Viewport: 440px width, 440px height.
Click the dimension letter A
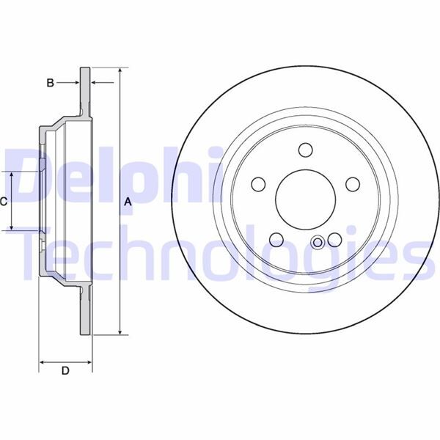click(x=127, y=202)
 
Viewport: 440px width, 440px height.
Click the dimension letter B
click(x=50, y=83)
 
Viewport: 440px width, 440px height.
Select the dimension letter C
click(x=4, y=201)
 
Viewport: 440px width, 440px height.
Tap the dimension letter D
click(x=65, y=372)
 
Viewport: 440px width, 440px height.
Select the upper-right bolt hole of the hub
click(x=353, y=184)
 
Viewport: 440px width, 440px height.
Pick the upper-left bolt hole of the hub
click(x=259, y=184)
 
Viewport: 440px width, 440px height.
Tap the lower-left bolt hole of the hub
click(x=277, y=239)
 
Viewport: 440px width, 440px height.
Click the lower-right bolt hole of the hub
click(x=335, y=239)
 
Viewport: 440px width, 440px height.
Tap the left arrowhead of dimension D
click(x=42, y=362)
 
